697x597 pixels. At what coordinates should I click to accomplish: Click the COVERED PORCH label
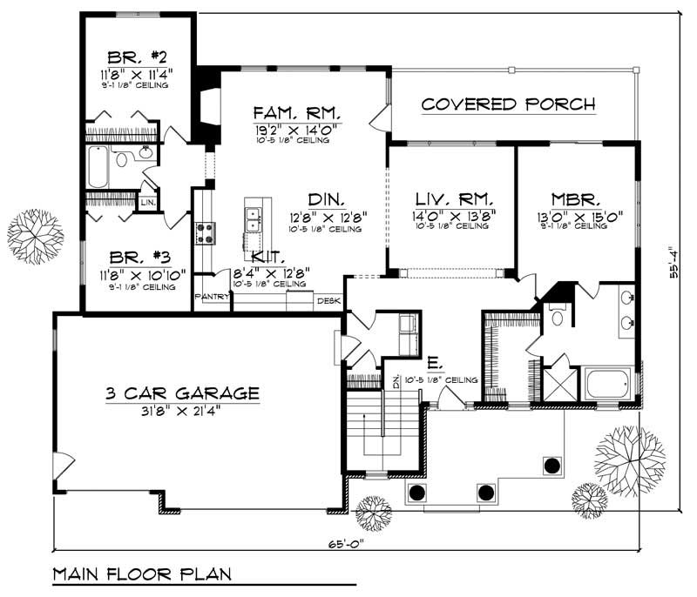[508, 104]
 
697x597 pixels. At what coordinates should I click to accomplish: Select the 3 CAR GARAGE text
[182, 393]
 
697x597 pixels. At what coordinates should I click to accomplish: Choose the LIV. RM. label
[450, 198]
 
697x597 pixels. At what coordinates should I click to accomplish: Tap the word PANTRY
[211, 297]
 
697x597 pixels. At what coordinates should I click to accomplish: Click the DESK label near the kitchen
[328, 301]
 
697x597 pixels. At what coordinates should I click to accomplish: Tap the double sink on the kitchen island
[254, 218]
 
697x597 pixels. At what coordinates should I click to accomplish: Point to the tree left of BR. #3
[35, 237]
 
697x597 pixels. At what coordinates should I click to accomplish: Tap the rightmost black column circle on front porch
[551, 466]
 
